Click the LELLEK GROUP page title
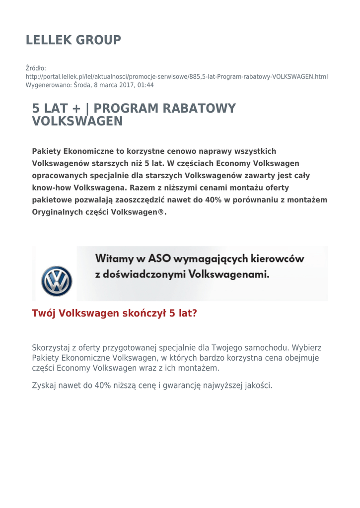pos(73,40)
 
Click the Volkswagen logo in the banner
pos(57,281)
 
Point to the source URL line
pos(177,77)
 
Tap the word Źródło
pos(36,68)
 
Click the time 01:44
pos(145,85)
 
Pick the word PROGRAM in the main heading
pos(125,108)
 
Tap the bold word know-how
pos(52,188)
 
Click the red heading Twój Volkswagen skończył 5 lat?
pos(114,314)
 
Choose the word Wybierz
pos(307,348)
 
